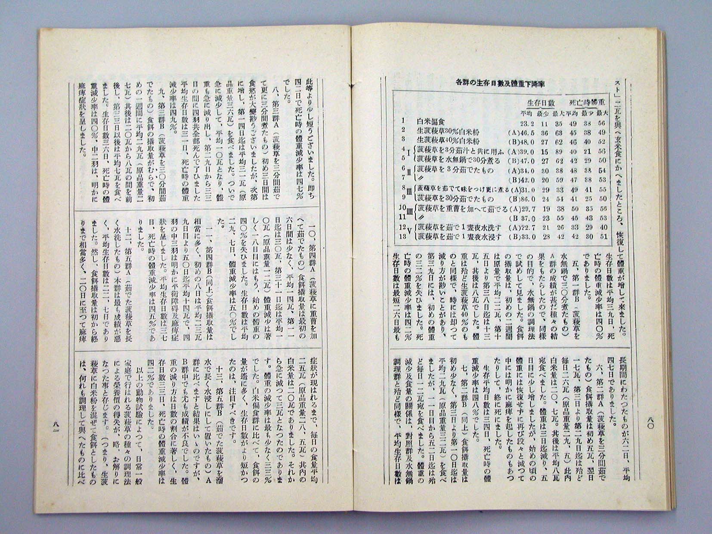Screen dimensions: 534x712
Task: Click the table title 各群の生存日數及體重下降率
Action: pyautogui.click(x=494, y=84)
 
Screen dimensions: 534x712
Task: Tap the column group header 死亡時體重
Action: pyautogui.click(x=588, y=103)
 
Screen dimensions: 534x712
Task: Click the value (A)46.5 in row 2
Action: pyautogui.click(x=521, y=131)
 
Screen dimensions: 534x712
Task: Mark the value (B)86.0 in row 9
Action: pyautogui.click(x=521, y=199)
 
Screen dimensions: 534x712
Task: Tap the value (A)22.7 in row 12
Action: pyautogui.click(x=521, y=227)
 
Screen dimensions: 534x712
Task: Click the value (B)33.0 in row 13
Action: pyautogui.click(x=521, y=237)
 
